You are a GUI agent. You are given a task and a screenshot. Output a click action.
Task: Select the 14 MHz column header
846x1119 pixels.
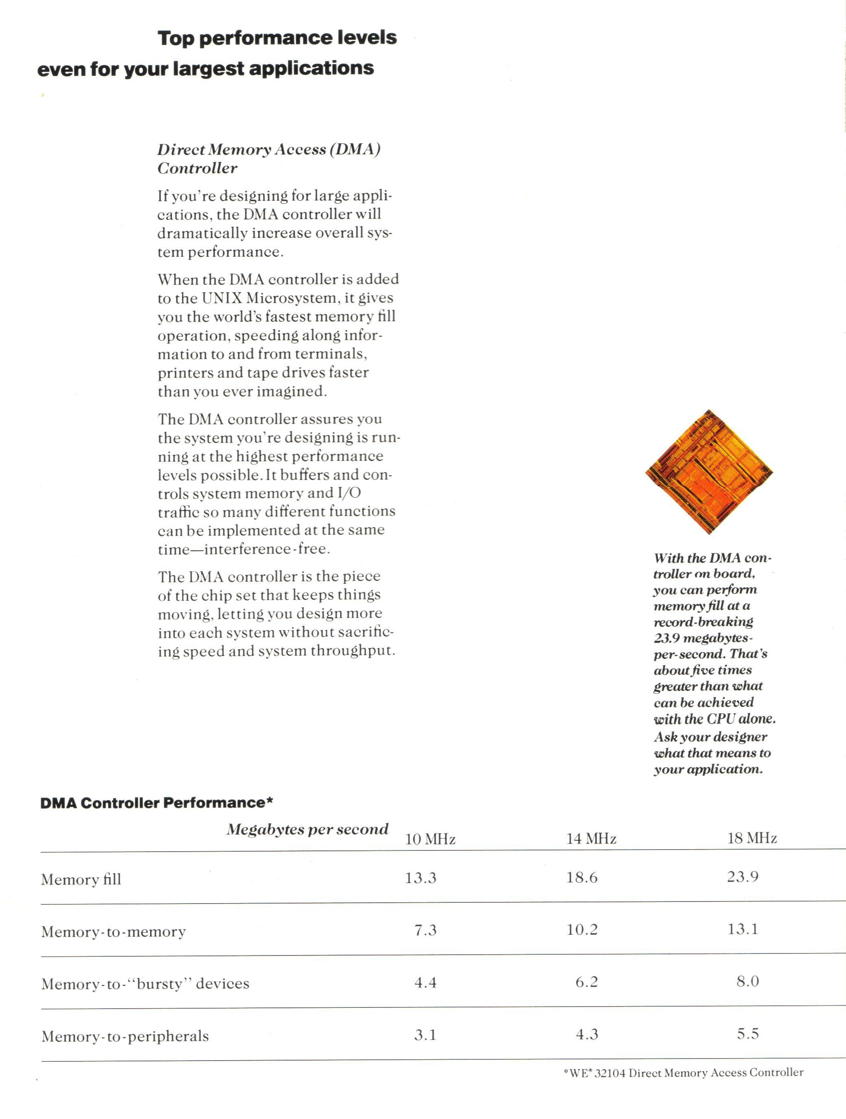click(591, 839)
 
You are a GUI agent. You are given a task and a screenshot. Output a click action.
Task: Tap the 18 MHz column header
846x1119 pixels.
click(752, 839)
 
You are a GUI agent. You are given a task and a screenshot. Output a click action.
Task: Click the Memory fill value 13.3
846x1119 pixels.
click(420, 878)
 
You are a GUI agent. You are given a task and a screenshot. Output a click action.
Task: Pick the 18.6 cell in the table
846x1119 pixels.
click(582, 877)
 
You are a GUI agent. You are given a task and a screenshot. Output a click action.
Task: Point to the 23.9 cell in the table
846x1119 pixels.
click(743, 877)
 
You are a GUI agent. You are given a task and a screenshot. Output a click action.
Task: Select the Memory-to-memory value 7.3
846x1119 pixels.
click(425, 930)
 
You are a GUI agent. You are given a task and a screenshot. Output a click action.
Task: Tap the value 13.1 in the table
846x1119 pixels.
click(743, 929)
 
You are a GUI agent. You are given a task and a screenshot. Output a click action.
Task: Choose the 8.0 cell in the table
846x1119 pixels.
click(748, 982)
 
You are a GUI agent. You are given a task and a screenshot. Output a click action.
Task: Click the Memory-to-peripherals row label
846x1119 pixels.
click(125, 1037)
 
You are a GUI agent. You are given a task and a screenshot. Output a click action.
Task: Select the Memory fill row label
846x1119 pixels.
click(81, 880)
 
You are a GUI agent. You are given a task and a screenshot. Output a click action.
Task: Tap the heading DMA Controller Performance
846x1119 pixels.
click(156, 803)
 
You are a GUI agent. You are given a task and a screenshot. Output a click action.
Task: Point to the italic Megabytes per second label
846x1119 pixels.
click(307, 830)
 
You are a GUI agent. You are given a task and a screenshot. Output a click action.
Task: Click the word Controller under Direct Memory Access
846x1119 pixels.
click(197, 168)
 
